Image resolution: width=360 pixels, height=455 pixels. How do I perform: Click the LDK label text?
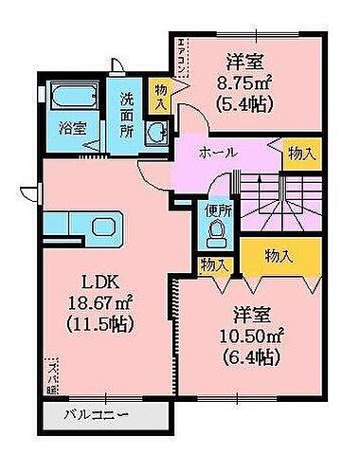click(x=90, y=283)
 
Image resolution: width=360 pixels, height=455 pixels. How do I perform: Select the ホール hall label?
click(x=218, y=153)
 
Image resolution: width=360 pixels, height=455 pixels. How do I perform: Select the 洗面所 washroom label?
click(x=127, y=112)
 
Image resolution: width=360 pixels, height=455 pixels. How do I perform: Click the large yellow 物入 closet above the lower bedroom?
click(x=279, y=255)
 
